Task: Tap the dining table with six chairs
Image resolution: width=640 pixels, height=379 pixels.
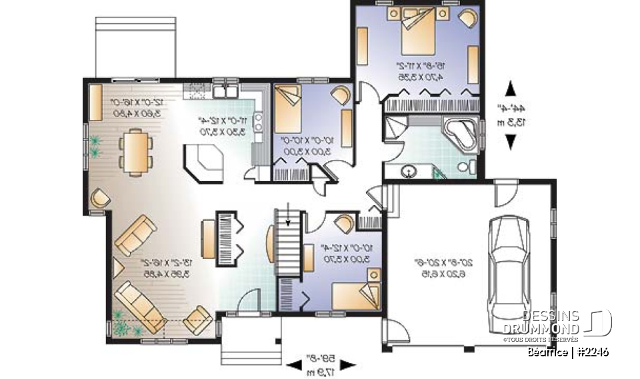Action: point(135,151)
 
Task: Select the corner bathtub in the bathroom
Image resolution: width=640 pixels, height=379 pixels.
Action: point(461,133)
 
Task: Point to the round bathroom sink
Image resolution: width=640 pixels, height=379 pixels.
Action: point(407,172)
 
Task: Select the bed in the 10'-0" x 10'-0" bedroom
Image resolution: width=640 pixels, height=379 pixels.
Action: point(288,107)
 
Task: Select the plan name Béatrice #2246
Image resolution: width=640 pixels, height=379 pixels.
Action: point(567,352)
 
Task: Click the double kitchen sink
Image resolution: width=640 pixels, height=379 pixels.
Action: point(224,93)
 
